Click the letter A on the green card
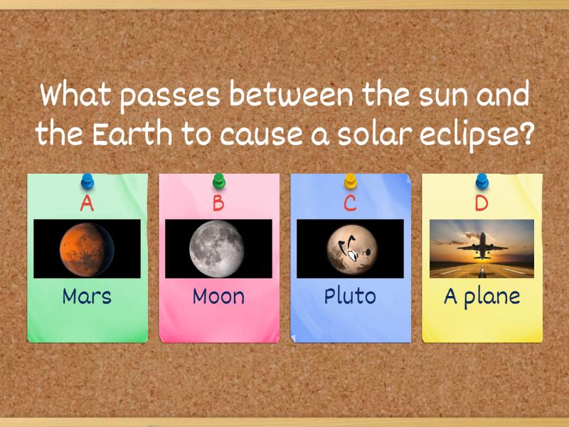pyautogui.click(x=87, y=204)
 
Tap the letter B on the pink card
pyautogui.click(x=218, y=204)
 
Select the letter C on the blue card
pyautogui.click(x=350, y=204)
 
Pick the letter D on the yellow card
pyautogui.click(x=482, y=204)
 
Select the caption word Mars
pyautogui.click(x=87, y=295)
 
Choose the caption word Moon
pyautogui.click(x=218, y=295)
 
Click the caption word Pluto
pyautogui.click(x=350, y=295)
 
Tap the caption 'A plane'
pyautogui.click(x=482, y=296)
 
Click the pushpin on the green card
pyautogui.click(x=87, y=180)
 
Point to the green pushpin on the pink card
pyautogui.click(x=219, y=180)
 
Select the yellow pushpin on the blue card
pyautogui.click(x=351, y=180)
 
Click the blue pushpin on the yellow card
pyautogui.click(x=482, y=180)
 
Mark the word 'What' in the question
pyautogui.click(x=76, y=95)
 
